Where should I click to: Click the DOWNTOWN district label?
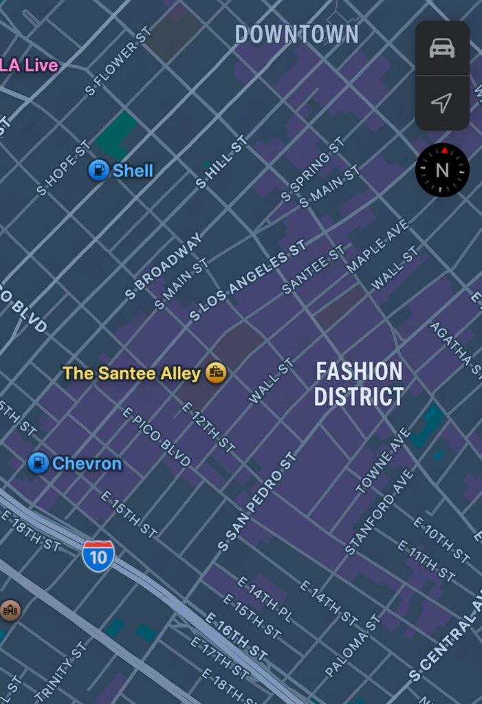pos(296,34)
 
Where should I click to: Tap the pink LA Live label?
pos(29,65)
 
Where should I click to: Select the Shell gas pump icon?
pos(99,170)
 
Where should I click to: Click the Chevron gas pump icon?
pos(39,463)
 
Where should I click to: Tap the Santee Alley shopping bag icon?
pos(216,373)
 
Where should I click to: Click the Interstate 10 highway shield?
pos(98,555)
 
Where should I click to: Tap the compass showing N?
pos(442,170)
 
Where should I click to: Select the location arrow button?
pos(442,103)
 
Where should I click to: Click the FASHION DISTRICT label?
pos(358,384)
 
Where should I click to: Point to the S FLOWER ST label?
pos(118,60)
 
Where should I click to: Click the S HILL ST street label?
pos(221,162)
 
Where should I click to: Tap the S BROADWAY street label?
pos(164,266)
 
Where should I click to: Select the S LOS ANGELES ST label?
pos(248,280)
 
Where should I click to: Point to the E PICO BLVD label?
pos(156,437)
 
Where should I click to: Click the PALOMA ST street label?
pos(352,646)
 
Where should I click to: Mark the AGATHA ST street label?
pos(454,349)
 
